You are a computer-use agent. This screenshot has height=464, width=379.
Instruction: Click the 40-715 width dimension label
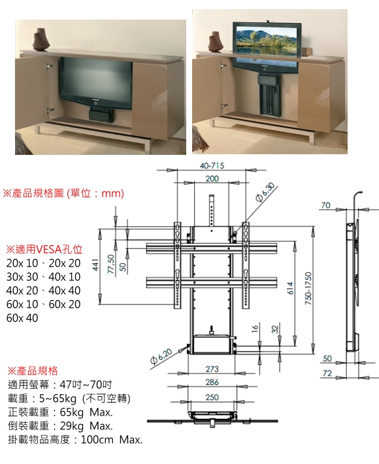click(212, 166)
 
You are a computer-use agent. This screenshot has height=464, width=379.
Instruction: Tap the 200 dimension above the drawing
click(212, 178)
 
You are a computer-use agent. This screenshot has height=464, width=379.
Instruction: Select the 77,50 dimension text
click(110, 264)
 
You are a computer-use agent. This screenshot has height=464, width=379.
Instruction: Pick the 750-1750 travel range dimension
click(308, 288)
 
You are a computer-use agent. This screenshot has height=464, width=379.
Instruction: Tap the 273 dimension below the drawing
click(212, 369)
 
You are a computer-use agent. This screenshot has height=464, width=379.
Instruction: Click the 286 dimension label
click(212, 382)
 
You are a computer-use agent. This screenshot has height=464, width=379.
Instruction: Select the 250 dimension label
click(212, 397)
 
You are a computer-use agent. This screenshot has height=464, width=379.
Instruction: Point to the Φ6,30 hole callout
click(266, 192)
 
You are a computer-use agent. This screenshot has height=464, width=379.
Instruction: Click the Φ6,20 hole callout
click(161, 356)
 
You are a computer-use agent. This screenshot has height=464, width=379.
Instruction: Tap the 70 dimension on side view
click(325, 205)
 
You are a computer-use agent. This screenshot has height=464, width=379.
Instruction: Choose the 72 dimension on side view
click(327, 373)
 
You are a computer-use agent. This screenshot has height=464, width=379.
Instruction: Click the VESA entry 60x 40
click(22, 318)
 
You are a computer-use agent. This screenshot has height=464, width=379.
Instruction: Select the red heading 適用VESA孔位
click(44, 250)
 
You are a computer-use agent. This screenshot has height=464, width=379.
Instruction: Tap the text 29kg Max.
click(86, 426)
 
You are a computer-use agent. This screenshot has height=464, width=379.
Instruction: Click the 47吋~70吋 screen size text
click(86, 384)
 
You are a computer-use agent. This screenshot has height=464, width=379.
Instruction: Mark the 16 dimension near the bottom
click(255, 328)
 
